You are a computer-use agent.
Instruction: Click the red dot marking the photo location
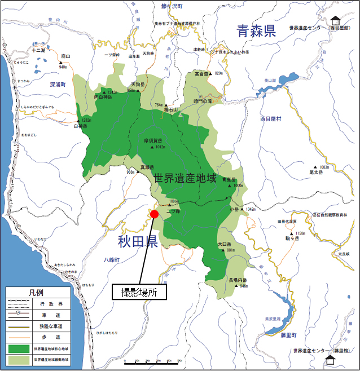(154, 214)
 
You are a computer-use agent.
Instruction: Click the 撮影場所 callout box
(139, 292)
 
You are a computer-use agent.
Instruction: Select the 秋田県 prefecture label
(137, 242)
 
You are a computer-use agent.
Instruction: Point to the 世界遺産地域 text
(185, 179)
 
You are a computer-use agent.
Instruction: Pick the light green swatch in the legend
(19, 359)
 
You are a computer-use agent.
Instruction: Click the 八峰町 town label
(113, 259)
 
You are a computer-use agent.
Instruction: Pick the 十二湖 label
(38, 50)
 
